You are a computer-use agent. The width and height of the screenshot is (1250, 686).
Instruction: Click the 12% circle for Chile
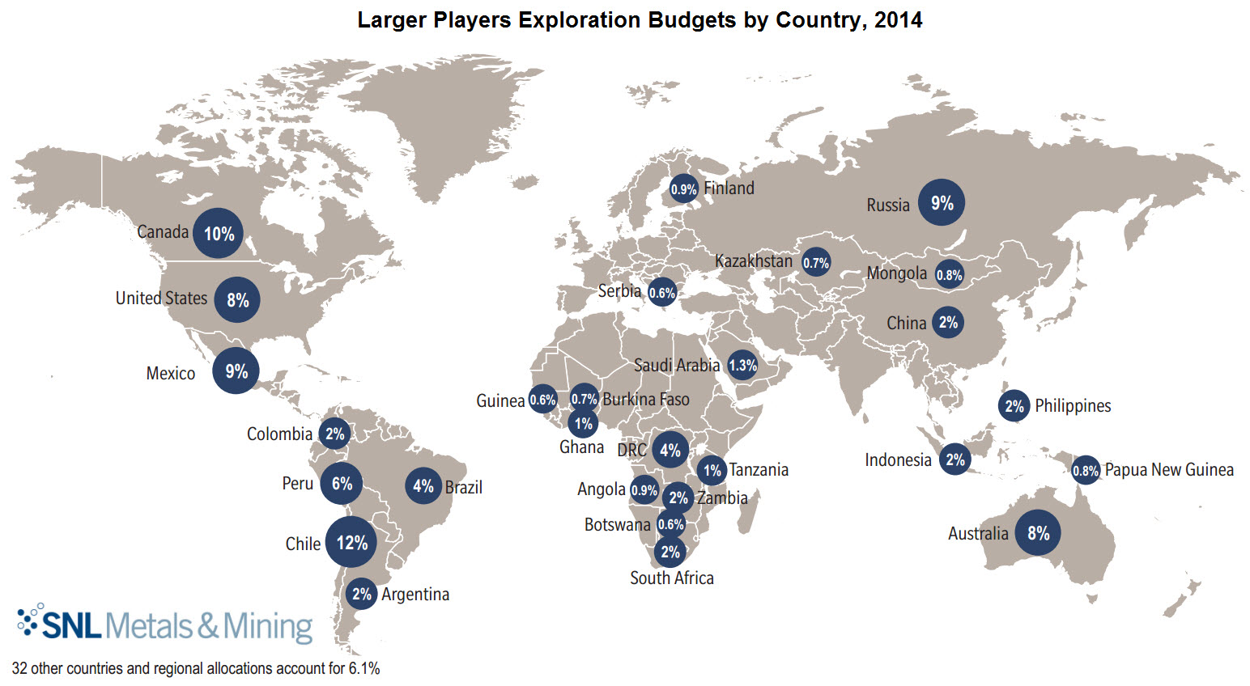click(351, 542)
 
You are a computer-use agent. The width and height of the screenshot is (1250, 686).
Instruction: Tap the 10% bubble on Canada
click(219, 234)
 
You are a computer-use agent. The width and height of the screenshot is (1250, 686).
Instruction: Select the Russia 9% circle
click(942, 202)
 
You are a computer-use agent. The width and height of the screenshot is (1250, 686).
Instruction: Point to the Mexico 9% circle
click(236, 371)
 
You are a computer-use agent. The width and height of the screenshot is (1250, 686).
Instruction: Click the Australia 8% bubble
click(1038, 532)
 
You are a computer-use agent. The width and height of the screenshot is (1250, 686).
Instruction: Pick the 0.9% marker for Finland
click(683, 189)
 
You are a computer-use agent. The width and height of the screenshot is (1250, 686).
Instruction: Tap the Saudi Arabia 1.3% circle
click(742, 366)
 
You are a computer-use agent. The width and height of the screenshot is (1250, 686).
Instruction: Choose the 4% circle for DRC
click(670, 450)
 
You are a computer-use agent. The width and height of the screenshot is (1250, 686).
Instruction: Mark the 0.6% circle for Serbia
click(661, 293)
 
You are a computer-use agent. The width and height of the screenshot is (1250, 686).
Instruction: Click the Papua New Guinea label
click(1169, 470)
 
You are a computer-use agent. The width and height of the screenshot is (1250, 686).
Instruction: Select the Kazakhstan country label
click(753, 261)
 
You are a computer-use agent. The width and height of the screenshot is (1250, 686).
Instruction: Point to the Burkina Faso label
click(646, 400)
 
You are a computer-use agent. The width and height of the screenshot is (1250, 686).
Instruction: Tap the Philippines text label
click(1073, 406)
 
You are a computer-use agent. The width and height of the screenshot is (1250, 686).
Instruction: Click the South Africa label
click(672, 578)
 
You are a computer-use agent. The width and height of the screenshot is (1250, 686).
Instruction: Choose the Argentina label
click(415, 595)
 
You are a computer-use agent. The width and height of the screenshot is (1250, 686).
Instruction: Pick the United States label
click(161, 299)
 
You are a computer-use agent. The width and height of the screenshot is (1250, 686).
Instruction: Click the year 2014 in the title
click(898, 20)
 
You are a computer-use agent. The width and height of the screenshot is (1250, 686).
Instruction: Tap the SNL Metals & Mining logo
click(165, 625)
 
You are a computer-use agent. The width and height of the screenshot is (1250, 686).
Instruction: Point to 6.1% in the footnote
click(364, 669)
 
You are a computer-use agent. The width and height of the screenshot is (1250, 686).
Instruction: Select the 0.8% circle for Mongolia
click(949, 275)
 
